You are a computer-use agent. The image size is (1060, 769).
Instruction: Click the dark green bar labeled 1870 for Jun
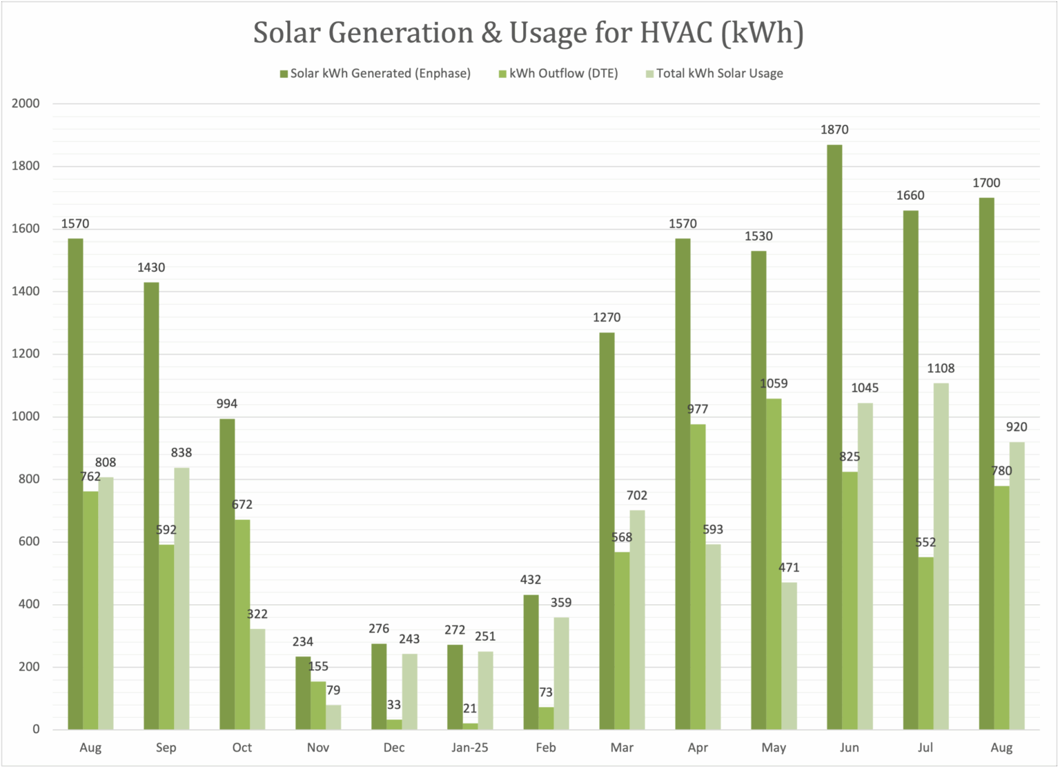834,437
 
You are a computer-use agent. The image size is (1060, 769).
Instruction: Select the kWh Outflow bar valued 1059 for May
774,564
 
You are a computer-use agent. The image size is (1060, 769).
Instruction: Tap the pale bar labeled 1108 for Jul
941,557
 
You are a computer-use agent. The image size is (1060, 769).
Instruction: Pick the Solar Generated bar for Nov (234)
303,693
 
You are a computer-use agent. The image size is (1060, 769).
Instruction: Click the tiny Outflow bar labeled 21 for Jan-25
470,726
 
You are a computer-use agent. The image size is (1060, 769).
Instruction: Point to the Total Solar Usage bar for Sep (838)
181,599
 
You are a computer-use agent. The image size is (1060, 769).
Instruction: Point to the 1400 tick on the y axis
26,292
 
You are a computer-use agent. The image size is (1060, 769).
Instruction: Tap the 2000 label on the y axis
26,103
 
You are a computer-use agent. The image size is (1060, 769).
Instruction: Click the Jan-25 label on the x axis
470,748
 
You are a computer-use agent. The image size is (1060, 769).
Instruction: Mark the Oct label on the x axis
242,748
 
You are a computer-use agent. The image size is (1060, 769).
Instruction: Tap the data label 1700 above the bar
986,183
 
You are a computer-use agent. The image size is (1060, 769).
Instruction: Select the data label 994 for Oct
227,404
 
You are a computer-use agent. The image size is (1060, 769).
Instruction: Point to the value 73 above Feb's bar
546,692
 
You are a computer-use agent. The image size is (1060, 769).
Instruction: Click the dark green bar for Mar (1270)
607,531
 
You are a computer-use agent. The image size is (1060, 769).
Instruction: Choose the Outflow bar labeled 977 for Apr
698,577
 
